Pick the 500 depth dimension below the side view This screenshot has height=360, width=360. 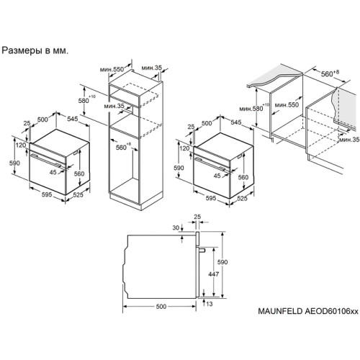160,306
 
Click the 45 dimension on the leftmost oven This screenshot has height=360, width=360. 53,172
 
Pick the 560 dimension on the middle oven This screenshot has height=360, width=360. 243,176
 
